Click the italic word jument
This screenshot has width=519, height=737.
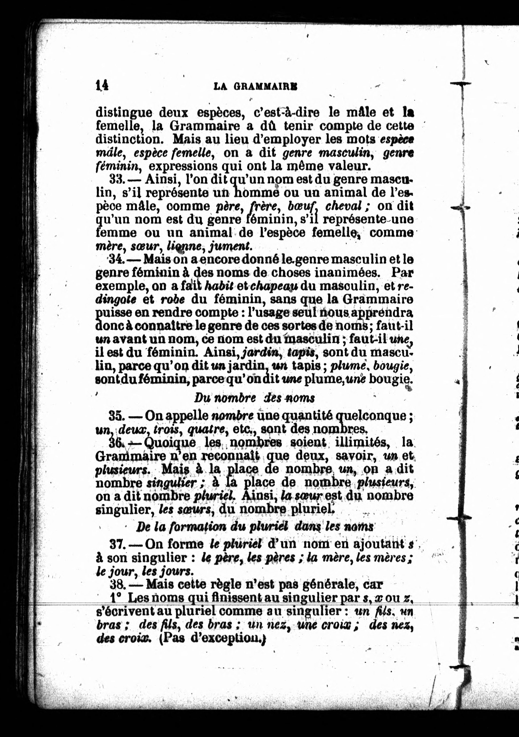[229, 246]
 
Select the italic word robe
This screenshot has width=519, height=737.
[172, 299]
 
